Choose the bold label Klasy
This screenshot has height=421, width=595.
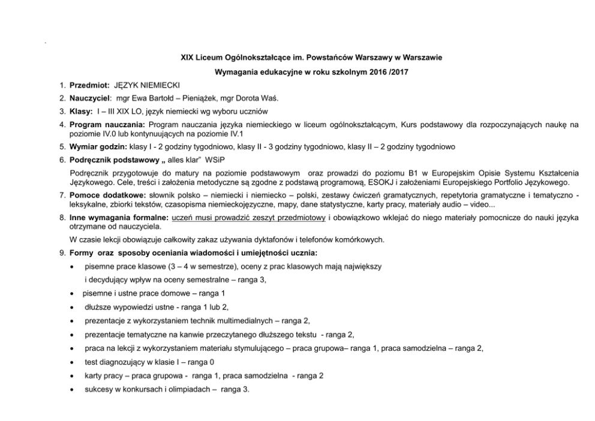81,112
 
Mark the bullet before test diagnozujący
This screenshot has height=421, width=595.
73,363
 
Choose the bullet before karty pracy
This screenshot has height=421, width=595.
73,376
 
